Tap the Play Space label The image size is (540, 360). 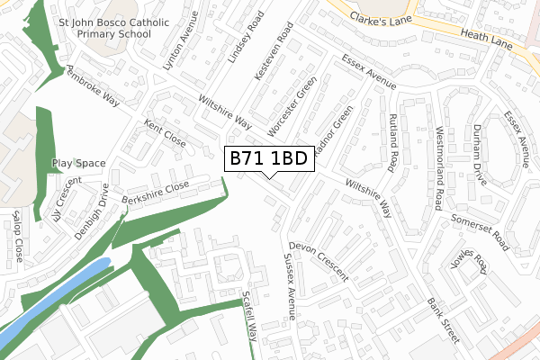pos(78,164)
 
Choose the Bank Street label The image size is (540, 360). pos(444,320)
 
